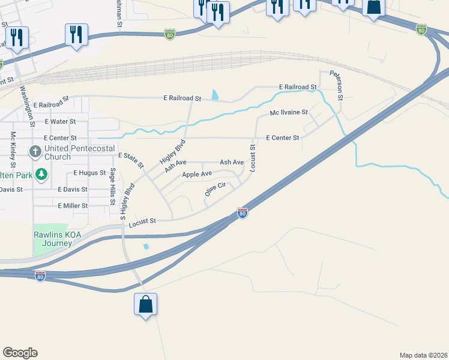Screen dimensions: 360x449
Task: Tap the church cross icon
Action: point(36,152)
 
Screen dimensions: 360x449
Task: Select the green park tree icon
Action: point(41,175)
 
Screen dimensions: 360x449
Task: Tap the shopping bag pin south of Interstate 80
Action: point(146,305)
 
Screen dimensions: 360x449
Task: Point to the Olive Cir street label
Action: point(214,190)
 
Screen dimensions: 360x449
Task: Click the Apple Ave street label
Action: point(197,174)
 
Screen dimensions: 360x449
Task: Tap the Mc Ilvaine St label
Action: point(289,112)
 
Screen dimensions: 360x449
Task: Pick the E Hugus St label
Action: point(89,172)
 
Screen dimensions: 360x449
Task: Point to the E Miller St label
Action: point(73,205)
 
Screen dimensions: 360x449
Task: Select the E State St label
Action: point(131,160)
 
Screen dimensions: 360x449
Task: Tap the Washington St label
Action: point(26,106)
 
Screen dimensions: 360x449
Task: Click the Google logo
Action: point(20,353)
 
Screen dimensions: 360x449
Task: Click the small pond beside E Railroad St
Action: point(215,95)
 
